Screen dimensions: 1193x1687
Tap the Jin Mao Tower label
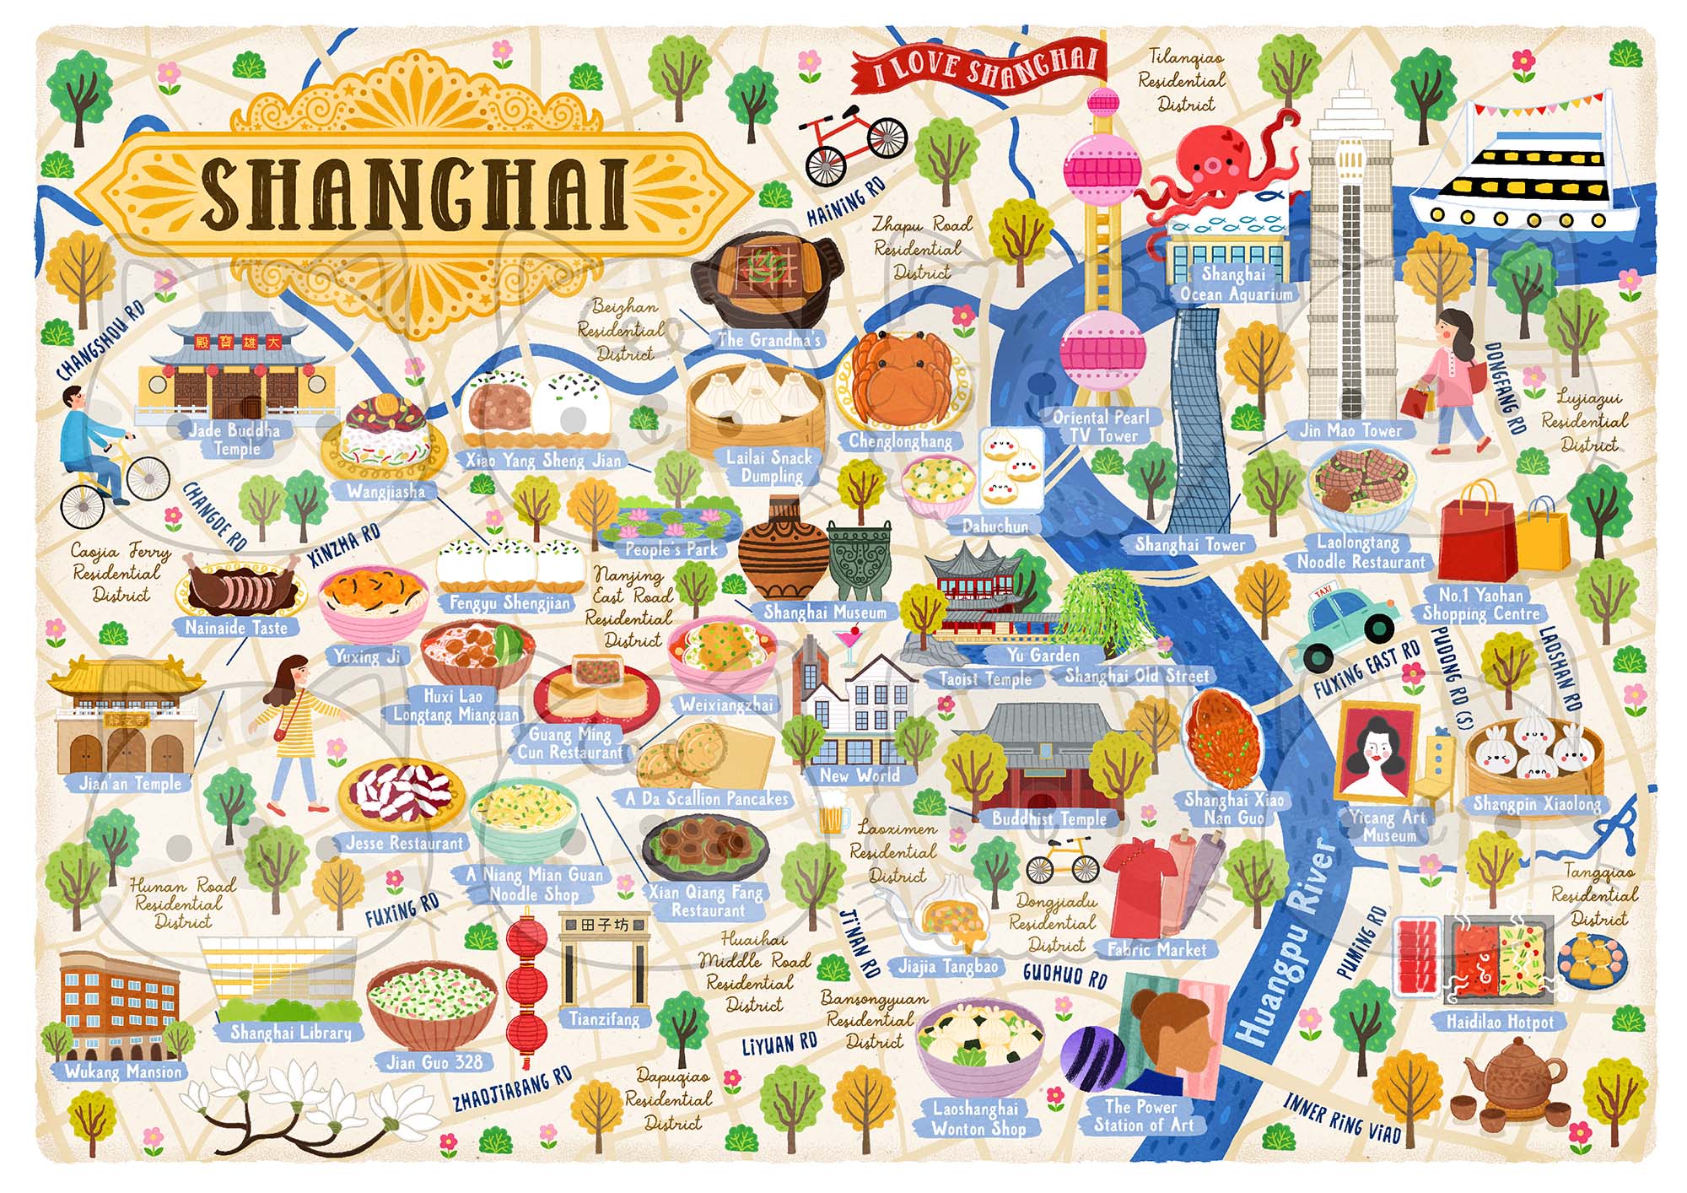click(x=1350, y=430)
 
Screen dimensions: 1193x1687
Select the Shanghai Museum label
click(x=824, y=613)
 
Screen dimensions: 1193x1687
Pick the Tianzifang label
click(x=604, y=1018)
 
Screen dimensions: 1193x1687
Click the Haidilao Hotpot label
click(x=1500, y=1022)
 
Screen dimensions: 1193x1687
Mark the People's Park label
click(x=671, y=549)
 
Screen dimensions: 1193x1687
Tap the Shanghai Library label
click(x=290, y=1032)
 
